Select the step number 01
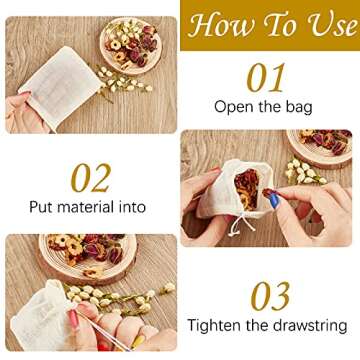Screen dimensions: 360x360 (x=266, y=78)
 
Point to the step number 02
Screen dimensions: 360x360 (x=91, y=178)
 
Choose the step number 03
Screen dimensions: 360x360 (x=270, y=296)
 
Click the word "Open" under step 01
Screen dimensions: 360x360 (x=232, y=107)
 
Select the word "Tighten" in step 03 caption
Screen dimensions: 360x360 (x=214, y=325)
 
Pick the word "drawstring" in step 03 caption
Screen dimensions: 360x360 (x=308, y=325)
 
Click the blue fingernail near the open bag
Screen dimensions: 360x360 (x=274, y=201)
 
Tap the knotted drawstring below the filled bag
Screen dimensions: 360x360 (x=241, y=224)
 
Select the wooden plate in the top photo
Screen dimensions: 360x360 (x=131, y=46)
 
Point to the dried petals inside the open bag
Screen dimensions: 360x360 (x=248, y=188)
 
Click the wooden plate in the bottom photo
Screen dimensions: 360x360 (x=88, y=256)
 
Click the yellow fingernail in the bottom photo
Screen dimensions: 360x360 (x=138, y=342)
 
